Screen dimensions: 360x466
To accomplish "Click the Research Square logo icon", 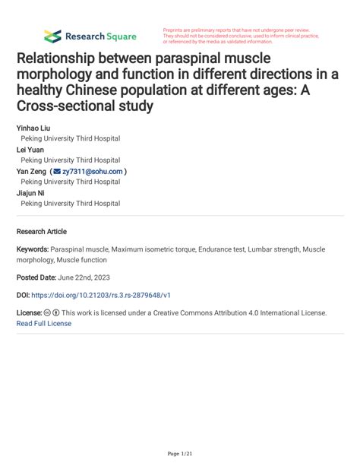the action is point(52,36).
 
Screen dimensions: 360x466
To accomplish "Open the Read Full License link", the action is point(43,323).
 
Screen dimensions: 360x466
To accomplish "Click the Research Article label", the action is point(41,231).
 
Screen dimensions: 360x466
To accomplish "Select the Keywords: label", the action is point(32,249).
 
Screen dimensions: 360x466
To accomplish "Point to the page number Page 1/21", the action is point(180,454).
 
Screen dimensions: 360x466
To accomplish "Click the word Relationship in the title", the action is point(61,58).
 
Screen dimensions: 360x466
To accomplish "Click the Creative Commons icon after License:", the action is point(47,312).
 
